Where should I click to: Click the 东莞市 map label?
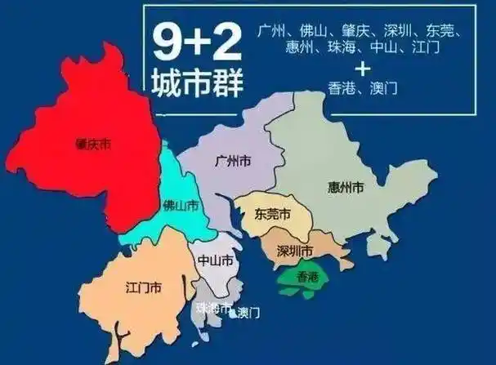[272, 215]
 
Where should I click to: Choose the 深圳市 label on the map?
[295, 249]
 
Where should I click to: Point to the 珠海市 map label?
[212, 308]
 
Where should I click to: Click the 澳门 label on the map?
[248, 313]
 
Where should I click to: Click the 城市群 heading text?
[197, 83]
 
